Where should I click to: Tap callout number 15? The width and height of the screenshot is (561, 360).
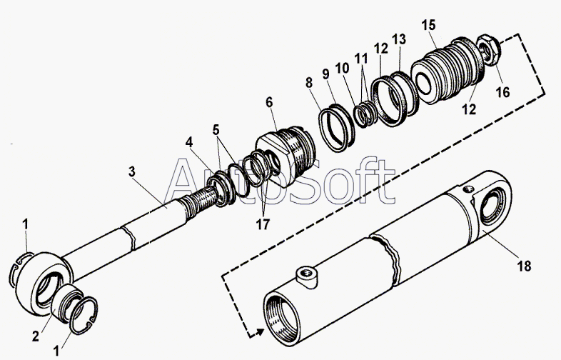428,26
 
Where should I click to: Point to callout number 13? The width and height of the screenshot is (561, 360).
399,39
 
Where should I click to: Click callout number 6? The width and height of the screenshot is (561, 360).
269,102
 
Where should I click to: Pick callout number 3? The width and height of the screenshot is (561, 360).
131,172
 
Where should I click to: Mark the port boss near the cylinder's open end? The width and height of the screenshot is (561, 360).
307,276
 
